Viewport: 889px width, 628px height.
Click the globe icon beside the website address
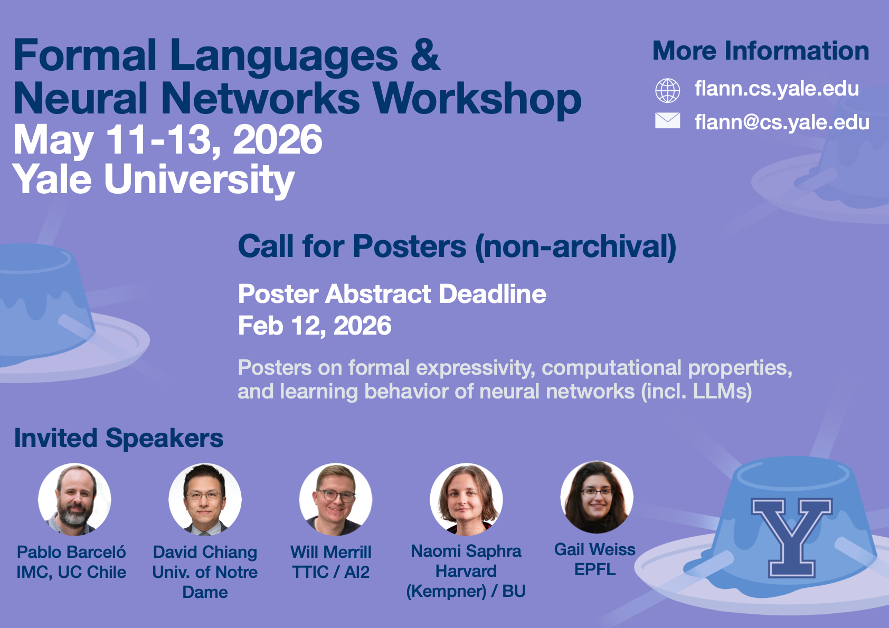(668, 90)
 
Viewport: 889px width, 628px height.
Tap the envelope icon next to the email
(668, 121)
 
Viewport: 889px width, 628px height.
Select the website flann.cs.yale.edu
(777, 89)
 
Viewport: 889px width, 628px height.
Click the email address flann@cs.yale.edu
(782, 122)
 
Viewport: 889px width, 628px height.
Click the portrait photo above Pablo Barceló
(74, 499)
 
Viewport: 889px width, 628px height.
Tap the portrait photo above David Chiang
(205, 499)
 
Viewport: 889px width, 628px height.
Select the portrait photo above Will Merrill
(336, 499)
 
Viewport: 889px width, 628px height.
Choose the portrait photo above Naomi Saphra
(466, 499)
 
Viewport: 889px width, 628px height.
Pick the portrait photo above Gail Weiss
(597, 497)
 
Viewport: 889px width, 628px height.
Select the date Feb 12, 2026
(315, 326)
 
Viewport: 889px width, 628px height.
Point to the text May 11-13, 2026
(168, 139)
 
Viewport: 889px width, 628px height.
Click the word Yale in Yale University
(52, 179)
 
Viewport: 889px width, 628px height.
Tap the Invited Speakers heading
(119, 438)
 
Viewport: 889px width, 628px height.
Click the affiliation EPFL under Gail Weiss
(595, 569)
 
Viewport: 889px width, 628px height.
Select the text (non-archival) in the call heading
(575, 247)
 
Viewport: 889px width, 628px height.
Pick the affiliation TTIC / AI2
(331, 572)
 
